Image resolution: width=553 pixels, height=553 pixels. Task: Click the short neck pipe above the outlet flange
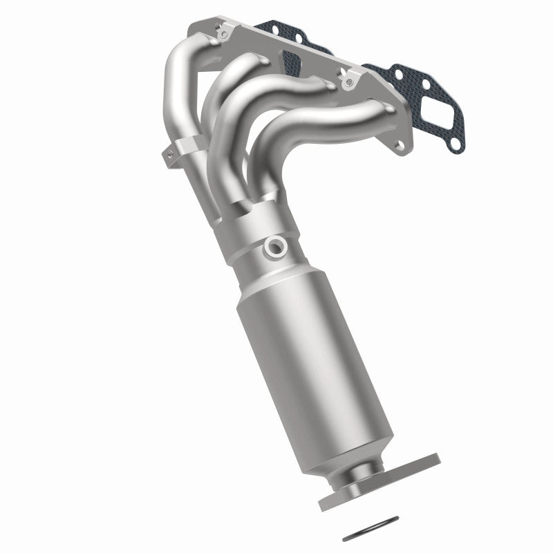click(362, 470)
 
